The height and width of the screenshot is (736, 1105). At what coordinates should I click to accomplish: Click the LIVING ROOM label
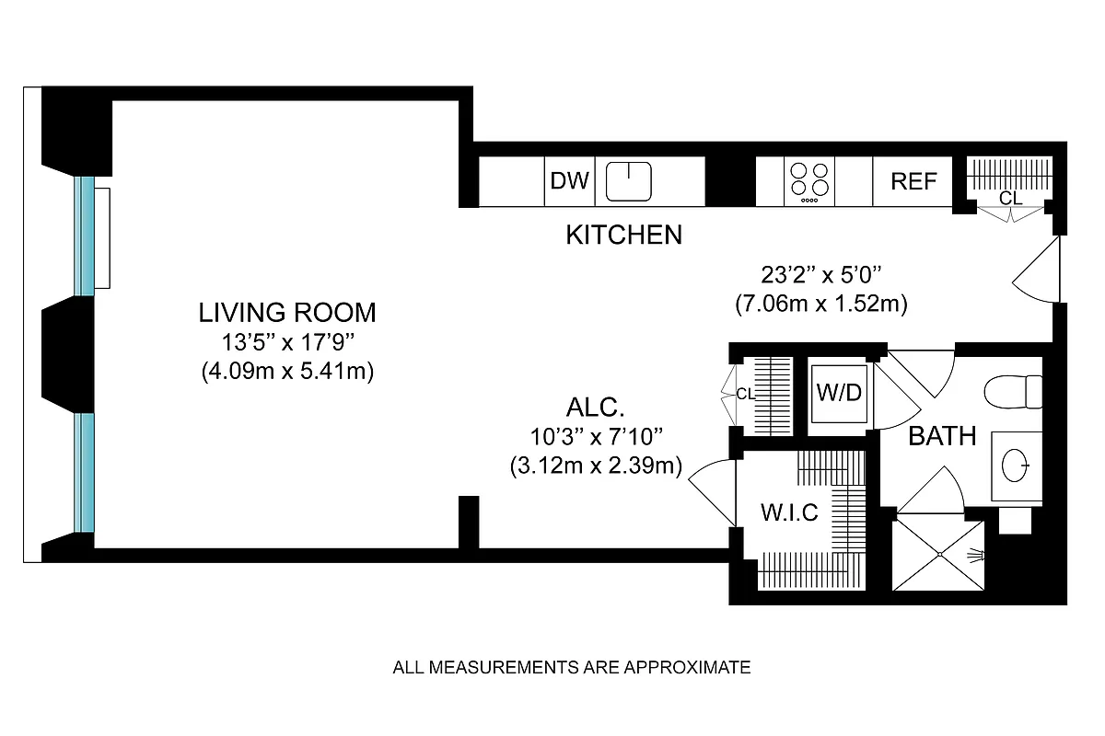[x=287, y=313]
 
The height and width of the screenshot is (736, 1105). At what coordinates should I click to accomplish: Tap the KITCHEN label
[x=623, y=236]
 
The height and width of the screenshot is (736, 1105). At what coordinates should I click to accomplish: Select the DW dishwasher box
[x=569, y=181]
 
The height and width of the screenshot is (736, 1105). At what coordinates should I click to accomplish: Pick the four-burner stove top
[x=808, y=179]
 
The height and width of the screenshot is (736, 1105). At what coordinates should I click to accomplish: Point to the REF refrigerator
[x=913, y=181]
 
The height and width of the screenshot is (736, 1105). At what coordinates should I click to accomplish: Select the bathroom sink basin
[x=1018, y=465]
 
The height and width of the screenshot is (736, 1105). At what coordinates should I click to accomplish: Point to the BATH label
[x=942, y=436]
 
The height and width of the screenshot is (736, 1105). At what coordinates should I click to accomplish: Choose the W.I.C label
[x=788, y=512]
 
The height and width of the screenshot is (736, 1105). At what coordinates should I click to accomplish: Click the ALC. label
[x=595, y=408]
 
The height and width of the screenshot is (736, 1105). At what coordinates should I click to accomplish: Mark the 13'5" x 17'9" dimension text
[x=287, y=343]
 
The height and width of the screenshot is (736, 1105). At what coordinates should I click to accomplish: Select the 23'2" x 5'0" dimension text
[x=821, y=274]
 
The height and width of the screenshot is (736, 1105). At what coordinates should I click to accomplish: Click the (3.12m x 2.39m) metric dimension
[x=595, y=466]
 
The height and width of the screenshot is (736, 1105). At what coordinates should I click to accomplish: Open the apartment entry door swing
[x=1038, y=271]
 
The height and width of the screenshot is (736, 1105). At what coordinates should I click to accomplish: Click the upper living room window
[x=85, y=234]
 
